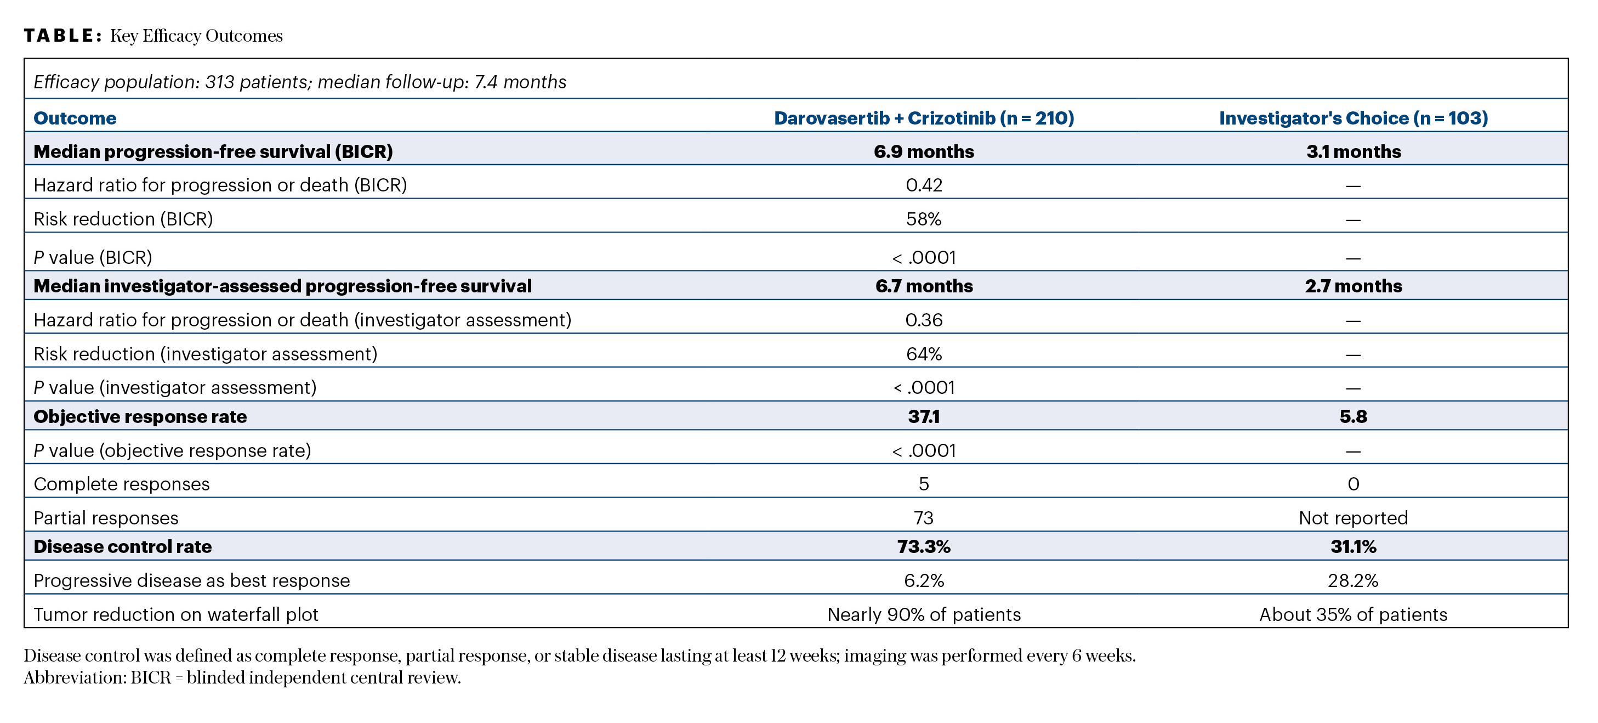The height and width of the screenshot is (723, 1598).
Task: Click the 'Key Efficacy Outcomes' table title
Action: coord(196,36)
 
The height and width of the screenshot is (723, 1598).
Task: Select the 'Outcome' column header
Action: coord(75,118)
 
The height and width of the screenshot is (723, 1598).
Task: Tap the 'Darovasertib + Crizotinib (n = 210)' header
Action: coord(924,118)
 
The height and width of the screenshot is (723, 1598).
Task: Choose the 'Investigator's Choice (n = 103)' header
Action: coord(1354,118)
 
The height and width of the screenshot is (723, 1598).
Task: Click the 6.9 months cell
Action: coord(924,151)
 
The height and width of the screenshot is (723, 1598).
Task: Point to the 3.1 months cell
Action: coord(1354,151)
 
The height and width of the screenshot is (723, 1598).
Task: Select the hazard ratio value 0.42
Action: coord(924,185)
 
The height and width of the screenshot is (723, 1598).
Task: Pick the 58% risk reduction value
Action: coord(924,219)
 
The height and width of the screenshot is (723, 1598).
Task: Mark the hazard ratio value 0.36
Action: coord(924,320)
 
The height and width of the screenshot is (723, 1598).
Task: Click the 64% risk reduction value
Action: coord(924,354)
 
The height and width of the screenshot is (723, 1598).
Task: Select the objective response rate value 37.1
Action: coord(924,416)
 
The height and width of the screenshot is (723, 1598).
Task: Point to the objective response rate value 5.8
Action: coord(1354,416)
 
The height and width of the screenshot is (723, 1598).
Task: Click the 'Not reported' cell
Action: coord(1354,518)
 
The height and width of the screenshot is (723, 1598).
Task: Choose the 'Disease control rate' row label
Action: coord(123,547)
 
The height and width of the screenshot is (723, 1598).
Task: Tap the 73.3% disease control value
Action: coord(924,547)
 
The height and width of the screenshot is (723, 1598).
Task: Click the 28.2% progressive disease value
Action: coord(1354,581)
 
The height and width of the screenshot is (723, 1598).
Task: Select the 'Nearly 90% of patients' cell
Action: coord(924,614)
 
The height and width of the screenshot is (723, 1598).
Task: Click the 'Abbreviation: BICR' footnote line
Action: coord(242,677)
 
